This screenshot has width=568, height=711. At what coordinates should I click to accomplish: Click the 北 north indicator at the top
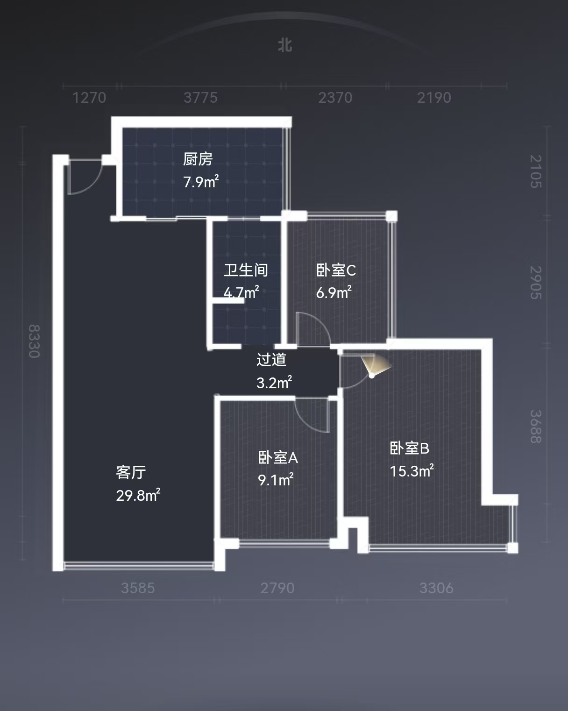[285, 45]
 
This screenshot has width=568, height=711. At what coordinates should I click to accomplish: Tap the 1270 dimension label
[89, 98]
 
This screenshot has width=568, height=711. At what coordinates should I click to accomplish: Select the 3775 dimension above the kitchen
[200, 98]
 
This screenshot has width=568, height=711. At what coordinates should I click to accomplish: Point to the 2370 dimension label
[335, 98]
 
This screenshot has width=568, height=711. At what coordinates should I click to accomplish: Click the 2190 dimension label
[434, 98]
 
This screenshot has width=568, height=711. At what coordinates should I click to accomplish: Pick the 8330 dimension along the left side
[34, 341]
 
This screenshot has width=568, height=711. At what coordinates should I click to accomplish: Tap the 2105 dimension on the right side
[536, 171]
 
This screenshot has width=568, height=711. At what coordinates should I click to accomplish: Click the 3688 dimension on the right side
[536, 426]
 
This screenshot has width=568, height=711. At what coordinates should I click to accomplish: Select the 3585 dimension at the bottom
[138, 588]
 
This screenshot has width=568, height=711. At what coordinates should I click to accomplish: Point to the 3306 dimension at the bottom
[436, 588]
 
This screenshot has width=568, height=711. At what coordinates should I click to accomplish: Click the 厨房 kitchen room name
[198, 159]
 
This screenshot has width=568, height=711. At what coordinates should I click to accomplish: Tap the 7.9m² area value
[201, 181]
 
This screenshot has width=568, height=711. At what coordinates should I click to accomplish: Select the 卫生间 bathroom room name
[246, 270]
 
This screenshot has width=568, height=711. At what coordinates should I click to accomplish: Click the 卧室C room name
[336, 270]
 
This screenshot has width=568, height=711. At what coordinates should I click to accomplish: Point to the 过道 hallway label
[271, 360]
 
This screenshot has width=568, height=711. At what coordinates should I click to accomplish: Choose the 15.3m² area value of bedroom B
[412, 471]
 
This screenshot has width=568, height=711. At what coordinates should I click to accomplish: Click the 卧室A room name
[278, 457]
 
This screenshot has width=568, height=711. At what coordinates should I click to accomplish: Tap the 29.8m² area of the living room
[138, 495]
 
